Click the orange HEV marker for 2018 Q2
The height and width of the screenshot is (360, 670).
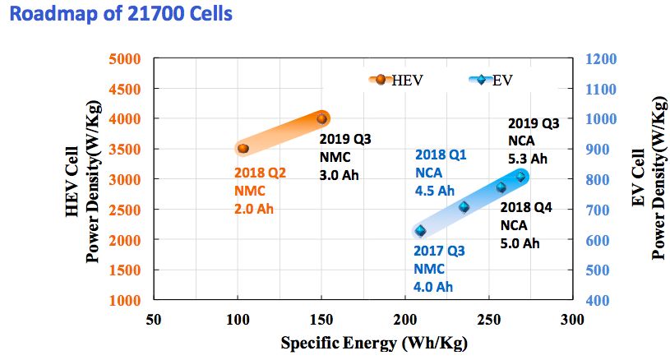[243, 148]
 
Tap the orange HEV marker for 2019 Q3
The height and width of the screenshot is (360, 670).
[321, 118]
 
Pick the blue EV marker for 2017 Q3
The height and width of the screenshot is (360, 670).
[421, 231]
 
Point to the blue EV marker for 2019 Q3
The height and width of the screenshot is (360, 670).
[520, 176]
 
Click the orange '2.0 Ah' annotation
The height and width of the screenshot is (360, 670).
[253, 208]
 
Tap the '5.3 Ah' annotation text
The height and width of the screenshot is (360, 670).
[528, 159]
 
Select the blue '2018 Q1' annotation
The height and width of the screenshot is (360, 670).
[441, 154]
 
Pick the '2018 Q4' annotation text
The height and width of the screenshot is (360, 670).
[526, 207]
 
